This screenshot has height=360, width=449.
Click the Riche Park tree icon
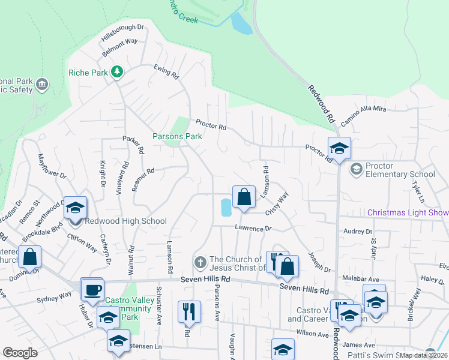(x=117, y=73)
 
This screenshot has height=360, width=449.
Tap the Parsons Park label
(x=177, y=136)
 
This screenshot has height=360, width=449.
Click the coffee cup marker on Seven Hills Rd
(x=92, y=290)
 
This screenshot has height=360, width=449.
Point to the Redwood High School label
(x=125, y=221)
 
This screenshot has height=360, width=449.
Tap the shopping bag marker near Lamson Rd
(x=244, y=197)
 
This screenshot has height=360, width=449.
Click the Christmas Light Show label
(x=408, y=212)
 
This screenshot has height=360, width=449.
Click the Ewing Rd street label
(x=166, y=73)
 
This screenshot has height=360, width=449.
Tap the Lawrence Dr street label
(x=253, y=229)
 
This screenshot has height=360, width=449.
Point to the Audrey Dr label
(x=358, y=232)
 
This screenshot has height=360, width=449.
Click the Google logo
(x=20, y=353)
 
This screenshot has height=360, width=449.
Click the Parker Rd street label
(x=133, y=145)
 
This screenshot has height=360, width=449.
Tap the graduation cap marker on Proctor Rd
(x=339, y=148)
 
